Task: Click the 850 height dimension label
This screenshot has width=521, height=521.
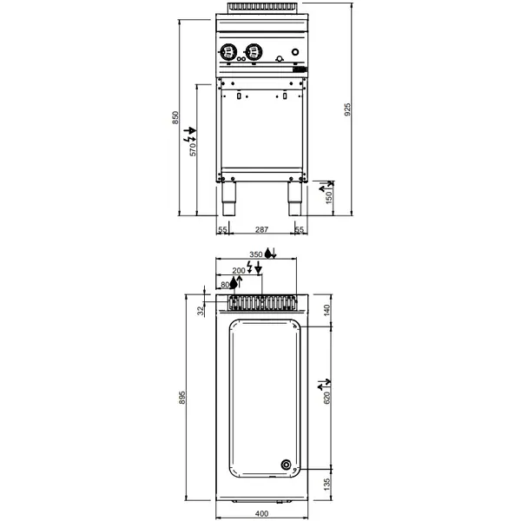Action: point(175,118)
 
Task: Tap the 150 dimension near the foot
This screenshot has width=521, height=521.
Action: point(329,200)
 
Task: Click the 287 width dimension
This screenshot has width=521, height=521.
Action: point(260,230)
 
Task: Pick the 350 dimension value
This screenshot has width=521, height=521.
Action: point(255,254)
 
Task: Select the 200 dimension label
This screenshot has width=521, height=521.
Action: point(239,271)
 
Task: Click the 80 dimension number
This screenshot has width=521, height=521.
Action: point(227,285)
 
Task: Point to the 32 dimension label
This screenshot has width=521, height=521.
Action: point(201,310)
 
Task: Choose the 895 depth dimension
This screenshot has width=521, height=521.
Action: point(182,397)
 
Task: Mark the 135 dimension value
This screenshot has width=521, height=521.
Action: point(328,483)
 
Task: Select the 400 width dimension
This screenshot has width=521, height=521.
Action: point(260,515)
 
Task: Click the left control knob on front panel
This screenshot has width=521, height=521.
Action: point(230,51)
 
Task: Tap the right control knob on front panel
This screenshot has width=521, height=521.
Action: point(254,51)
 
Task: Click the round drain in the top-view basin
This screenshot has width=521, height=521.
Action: point(287,464)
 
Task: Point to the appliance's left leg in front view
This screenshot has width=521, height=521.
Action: point(230,200)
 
